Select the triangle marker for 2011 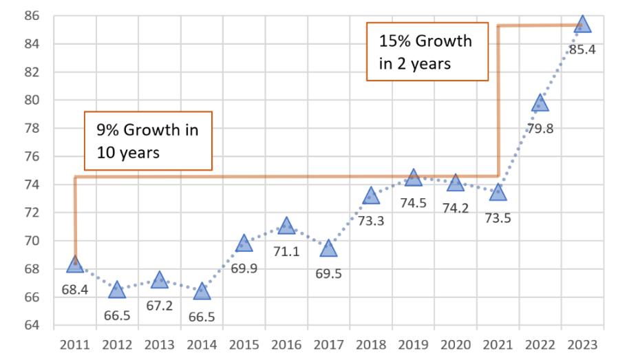click(75, 264)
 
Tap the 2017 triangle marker click(329, 248)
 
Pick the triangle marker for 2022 click(540, 103)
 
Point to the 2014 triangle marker click(202, 291)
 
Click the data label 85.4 click(582, 50)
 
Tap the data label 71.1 click(286, 251)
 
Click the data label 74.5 click(413, 203)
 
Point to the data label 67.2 click(160, 305)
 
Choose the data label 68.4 click(75, 290)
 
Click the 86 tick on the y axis click(33, 16)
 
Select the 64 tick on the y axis click(33, 326)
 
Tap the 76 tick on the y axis click(33, 156)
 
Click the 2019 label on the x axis click(414, 343)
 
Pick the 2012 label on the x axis click(117, 343)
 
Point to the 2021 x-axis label click(498, 343)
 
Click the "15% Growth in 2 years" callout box click(427, 52)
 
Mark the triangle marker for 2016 click(286, 226)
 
